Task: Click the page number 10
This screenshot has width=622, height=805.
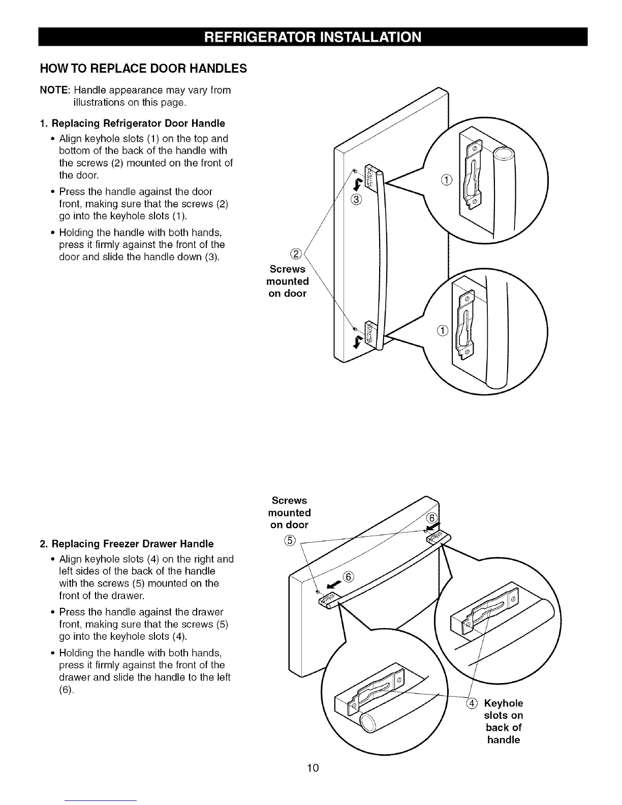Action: pos(313,768)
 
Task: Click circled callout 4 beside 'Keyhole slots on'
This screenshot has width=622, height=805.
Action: pos(472,703)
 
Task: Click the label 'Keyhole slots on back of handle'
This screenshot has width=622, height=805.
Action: pos(503,722)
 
